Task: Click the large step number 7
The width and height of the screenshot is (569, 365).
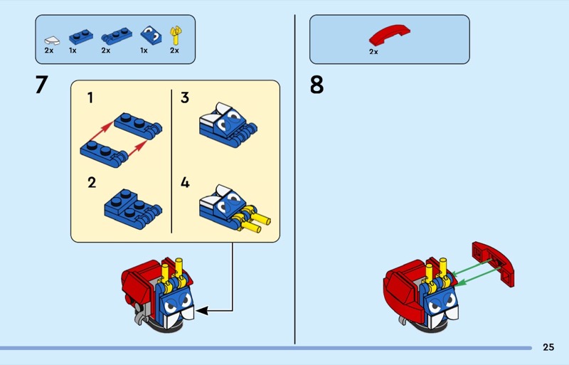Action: coord(42,84)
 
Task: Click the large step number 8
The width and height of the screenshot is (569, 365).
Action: coord(317,85)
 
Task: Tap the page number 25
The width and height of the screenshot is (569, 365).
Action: coord(548,347)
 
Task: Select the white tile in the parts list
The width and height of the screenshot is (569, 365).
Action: coord(52,40)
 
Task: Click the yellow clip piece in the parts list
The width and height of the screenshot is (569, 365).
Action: coord(176,36)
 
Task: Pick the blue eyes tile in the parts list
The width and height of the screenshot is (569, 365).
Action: coord(151,35)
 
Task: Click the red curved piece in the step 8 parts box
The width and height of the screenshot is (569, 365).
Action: coord(389,34)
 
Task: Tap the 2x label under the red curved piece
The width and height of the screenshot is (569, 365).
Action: coord(373,52)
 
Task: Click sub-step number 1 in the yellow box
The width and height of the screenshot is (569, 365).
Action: coord(90,97)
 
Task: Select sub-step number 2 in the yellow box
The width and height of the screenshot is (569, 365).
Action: coord(92,182)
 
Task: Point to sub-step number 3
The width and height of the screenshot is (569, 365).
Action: coord(185,97)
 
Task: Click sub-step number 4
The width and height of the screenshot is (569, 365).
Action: coord(185,182)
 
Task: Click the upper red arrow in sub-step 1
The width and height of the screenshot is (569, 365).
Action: coord(101,132)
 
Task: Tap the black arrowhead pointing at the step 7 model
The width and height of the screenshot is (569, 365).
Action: coord(202,311)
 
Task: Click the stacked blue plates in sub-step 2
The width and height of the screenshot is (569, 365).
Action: coord(133,209)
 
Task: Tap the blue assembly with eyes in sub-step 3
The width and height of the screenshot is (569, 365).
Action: coord(228,125)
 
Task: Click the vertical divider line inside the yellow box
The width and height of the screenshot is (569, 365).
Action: coord(171,162)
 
